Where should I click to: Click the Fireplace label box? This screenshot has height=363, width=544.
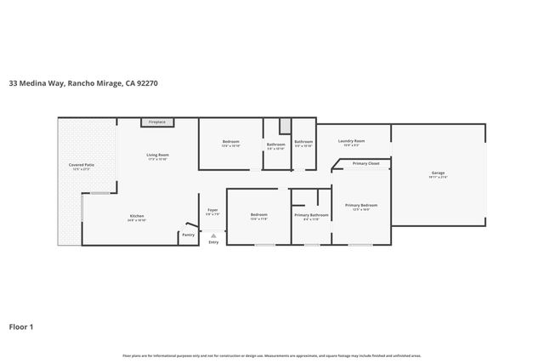pos(157,122)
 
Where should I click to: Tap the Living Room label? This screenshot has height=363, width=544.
pos(158,156)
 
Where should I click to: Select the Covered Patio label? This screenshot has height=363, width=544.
pos(81,165)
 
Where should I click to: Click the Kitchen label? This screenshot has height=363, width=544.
pos(137,218)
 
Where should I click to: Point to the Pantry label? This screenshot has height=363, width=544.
pos(188,236)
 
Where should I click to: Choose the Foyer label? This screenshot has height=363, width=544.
pos(213,211)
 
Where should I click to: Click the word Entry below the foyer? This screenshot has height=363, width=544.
pos(213,242)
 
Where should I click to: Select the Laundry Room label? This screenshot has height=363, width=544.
pos(352,142)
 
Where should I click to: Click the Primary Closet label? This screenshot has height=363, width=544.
pos(366,162)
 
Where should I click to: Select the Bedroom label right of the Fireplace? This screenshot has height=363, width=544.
pos(231,142)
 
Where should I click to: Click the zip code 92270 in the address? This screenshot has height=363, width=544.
pos(146,83)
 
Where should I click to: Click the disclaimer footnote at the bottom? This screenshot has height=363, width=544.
pos(272,355)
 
